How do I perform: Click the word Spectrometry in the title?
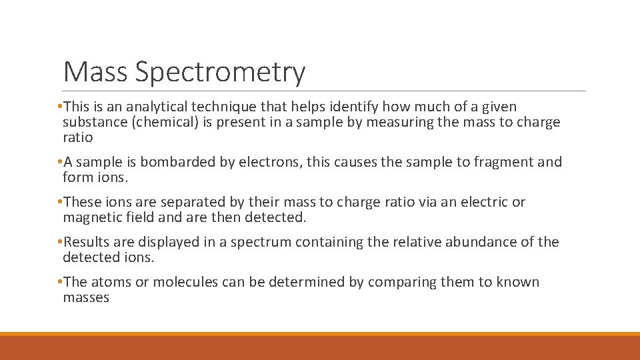[220, 72]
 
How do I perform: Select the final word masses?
[86, 297]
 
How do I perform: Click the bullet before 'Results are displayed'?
[60, 242]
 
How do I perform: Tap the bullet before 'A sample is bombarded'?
[60, 162]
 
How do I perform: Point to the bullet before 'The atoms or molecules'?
[60, 282]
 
